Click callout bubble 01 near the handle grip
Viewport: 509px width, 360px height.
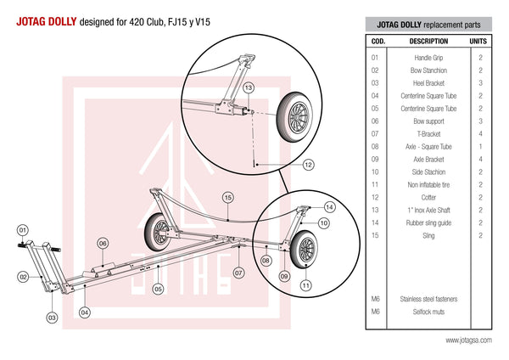coord(23,229)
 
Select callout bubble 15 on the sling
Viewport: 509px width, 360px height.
coord(228,198)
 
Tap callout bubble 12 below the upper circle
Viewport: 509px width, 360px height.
coord(308,164)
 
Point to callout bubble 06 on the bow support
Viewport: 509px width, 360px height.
coord(103,243)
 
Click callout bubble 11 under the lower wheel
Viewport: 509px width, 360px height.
coord(305,285)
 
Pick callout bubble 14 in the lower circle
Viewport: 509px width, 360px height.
coord(329,206)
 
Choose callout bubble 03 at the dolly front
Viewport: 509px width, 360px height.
coord(52,317)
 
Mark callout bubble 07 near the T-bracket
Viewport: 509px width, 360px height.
coord(239,273)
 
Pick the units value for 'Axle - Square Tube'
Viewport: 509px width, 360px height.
coord(480,146)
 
